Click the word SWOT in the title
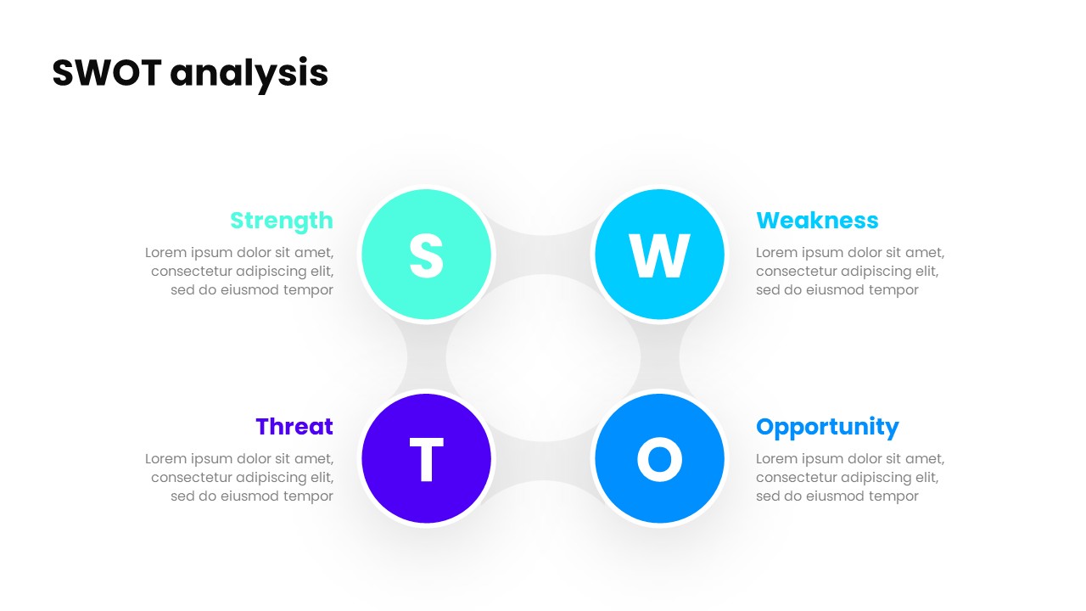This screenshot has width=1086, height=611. pyautogui.click(x=106, y=74)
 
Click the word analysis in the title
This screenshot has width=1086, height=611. pyautogui.click(x=249, y=75)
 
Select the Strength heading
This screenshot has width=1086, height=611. pyautogui.click(x=281, y=221)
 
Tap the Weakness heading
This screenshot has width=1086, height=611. pyautogui.click(x=816, y=221)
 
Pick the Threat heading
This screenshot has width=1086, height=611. pyautogui.click(x=294, y=427)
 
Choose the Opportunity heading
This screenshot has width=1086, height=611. pyautogui.click(x=826, y=427)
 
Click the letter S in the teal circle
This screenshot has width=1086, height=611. pyautogui.click(x=426, y=255)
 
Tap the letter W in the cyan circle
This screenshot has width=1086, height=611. pyautogui.click(x=659, y=255)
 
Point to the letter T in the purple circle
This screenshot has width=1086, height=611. pyautogui.click(x=426, y=460)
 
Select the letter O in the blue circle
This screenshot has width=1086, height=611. pyautogui.click(x=659, y=459)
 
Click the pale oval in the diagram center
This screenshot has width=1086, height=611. pyautogui.click(x=543, y=357)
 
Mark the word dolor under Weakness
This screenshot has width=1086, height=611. pyautogui.click(x=864, y=253)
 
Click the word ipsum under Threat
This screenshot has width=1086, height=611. pyautogui.click(x=211, y=459)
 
